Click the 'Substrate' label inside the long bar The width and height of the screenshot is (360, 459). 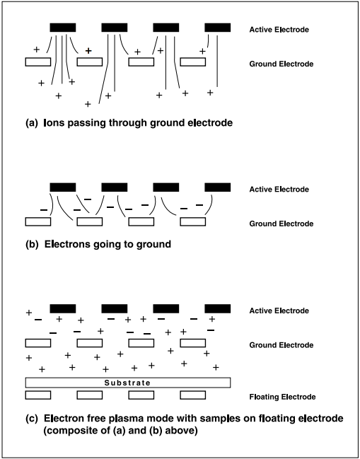click(127, 383)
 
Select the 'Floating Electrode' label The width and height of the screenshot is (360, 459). click(282, 397)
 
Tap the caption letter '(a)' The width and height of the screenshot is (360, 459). click(32, 123)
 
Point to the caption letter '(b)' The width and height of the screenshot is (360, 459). click(32, 245)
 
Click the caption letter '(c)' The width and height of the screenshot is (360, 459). click(32, 419)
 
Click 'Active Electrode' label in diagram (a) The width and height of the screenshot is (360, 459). click(279, 30)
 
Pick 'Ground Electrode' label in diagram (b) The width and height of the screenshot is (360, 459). click(281, 223)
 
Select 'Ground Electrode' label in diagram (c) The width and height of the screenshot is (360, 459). click(281, 345)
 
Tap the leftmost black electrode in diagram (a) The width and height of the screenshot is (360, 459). click(63, 28)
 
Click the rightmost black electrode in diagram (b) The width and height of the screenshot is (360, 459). click(217, 187)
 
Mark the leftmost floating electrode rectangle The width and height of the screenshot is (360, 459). click(38, 395)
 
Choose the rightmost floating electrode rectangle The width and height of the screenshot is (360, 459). click(192, 395)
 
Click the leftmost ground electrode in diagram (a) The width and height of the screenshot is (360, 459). click(38, 62)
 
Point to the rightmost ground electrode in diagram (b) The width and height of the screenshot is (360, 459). click(192, 221)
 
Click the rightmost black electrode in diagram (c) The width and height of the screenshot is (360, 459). click(217, 309)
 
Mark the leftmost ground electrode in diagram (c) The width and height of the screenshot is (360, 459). click(38, 343)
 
